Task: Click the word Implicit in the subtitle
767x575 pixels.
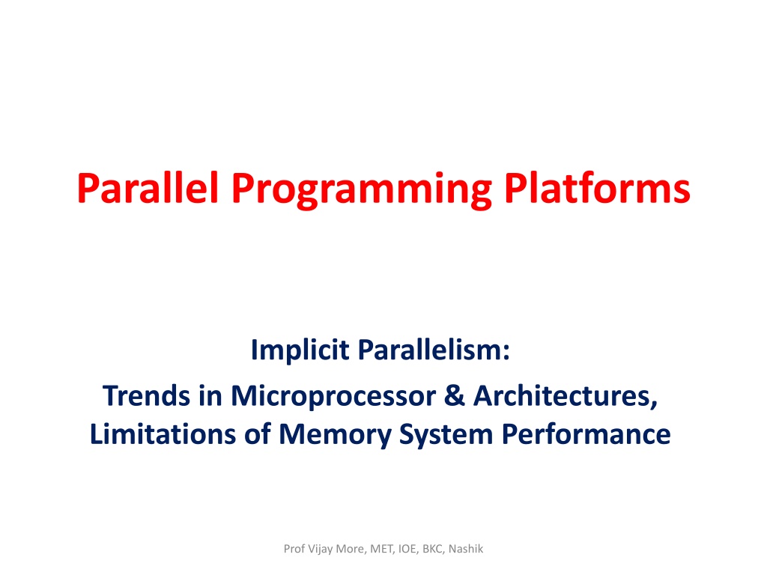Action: (x=300, y=350)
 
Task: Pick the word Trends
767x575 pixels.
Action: (x=146, y=396)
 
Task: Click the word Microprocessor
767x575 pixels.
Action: (x=333, y=398)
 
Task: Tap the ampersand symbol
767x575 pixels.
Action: (x=455, y=395)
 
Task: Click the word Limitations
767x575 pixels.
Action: (x=163, y=434)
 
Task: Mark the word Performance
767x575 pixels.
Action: (x=586, y=434)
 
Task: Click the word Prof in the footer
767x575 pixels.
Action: (x=294, y=549)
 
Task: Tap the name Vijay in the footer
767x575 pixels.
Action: (x=321, y=550)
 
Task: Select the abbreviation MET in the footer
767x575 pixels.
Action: (x=381, y=549)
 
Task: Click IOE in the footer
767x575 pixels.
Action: (x=407, y=549)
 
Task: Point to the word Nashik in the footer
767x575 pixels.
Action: (x=466, y=549)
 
